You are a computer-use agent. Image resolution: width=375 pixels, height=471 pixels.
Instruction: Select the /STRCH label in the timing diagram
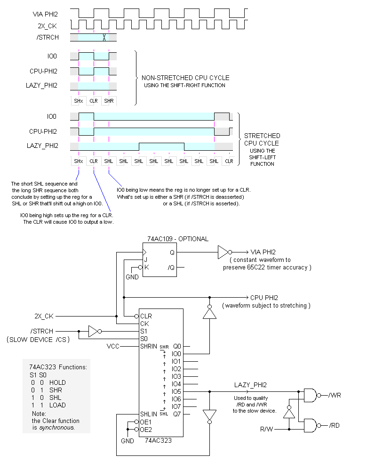click(x=48, y=37)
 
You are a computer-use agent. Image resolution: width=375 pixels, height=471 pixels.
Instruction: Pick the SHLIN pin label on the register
click(x=148, y=414)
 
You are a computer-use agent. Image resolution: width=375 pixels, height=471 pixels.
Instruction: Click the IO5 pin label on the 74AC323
click(x=176, y=391)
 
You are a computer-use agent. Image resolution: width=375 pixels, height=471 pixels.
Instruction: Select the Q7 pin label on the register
click(x=177, y=414)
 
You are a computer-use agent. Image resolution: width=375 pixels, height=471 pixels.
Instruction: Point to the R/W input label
click(x=268, y=430)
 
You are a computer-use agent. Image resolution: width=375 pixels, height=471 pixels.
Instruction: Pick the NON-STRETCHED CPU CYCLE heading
click(x=185, y=78)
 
